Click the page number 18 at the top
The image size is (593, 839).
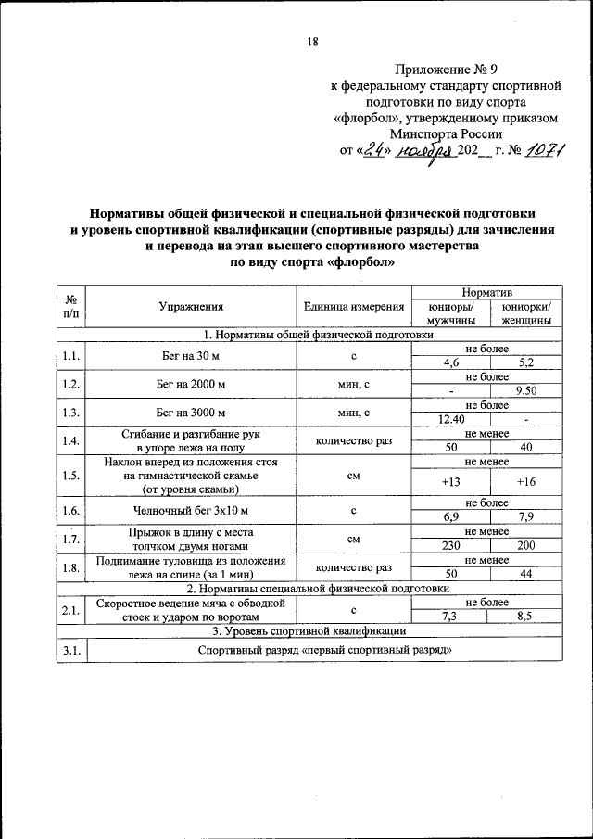tap(311, 42)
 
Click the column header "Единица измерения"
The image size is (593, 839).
tap(353, 307)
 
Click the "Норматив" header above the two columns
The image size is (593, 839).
tap(487, 292)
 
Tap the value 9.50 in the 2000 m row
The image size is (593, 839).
tap(525, 390)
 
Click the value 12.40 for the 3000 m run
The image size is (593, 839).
tap(449, 419)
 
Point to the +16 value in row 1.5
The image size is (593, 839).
tap(525, 482)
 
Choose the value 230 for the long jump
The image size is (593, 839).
tap(449, 546)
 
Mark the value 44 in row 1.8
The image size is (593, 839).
tap(525, 575)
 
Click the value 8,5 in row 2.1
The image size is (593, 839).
tap(525, 616)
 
